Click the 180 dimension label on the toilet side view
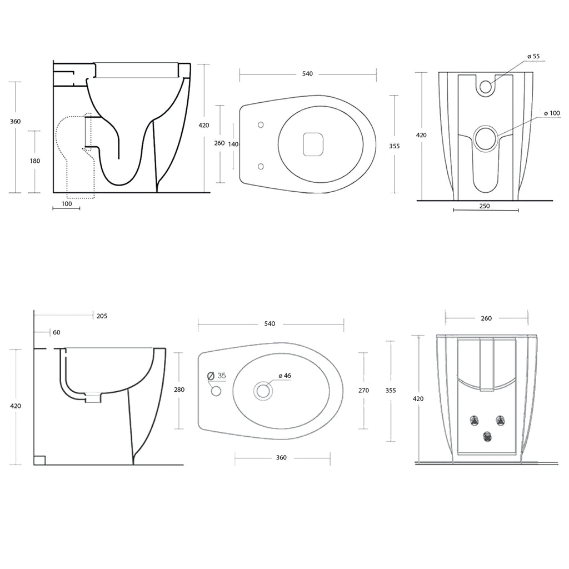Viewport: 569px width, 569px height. point(34,161)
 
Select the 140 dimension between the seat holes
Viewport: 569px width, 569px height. point(233,144)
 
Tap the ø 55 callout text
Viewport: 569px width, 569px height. point(533,56)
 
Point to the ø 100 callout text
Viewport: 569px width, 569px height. point(551,113)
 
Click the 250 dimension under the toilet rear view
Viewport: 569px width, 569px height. point(484,206)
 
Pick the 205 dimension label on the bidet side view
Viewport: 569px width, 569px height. point(102,316)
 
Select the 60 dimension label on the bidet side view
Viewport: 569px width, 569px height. point(56,332)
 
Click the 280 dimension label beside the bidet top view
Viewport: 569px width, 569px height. point(179,390)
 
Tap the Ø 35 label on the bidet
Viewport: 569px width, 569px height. point(217,376)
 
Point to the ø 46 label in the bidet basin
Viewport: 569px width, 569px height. point(284,376)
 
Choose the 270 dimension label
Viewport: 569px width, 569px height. point(363,391)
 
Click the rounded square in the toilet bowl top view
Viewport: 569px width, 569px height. point(313,145)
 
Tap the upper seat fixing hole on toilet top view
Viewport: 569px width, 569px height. point(261,125)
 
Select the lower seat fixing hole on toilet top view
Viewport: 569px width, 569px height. point(261,166)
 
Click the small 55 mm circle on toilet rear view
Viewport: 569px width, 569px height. point(486,86)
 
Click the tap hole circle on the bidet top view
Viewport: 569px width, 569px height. point(216,392)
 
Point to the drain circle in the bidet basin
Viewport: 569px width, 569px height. point(263,391)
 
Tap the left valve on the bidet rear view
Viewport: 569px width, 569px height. point(476,419)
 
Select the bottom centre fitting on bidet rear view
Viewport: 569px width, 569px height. point(487,437)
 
